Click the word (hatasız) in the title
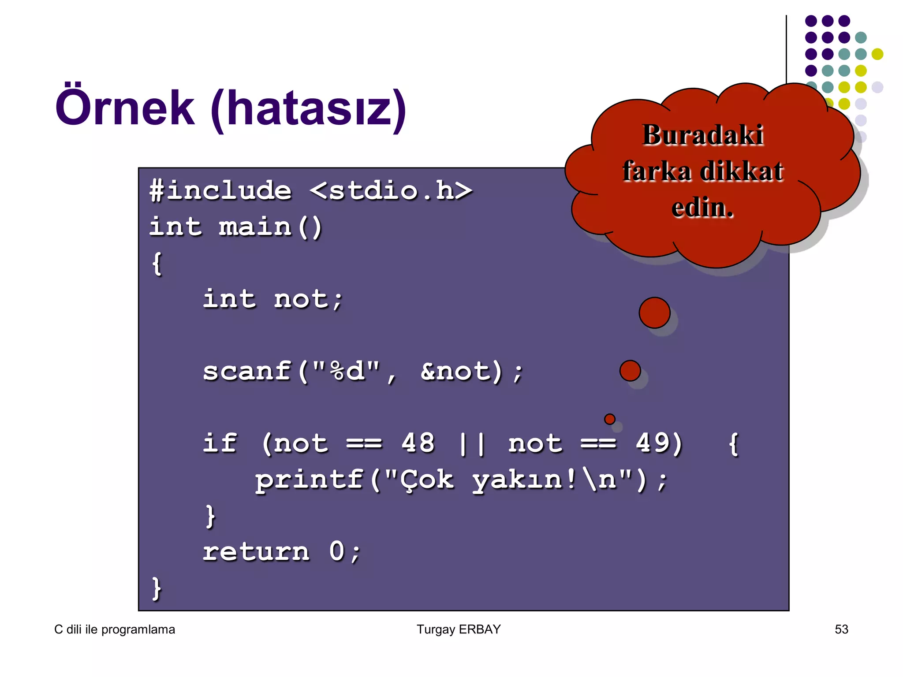click(308, 109)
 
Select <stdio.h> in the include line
click(391, 191)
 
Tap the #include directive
click(220, 191)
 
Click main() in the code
click(270, 227)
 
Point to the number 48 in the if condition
click(418, 443)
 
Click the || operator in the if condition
click(472, 443)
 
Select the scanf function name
click(247, 371)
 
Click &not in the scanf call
click(455, 371)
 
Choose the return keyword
click(256, 552)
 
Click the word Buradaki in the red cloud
click(703, 135)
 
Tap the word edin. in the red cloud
click(702, 208)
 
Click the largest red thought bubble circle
click(654, 312)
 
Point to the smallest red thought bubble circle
click(610, 419)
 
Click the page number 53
click(841, 629)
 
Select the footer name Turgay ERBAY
click(459, 629)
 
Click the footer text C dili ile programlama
click(115, 629)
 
